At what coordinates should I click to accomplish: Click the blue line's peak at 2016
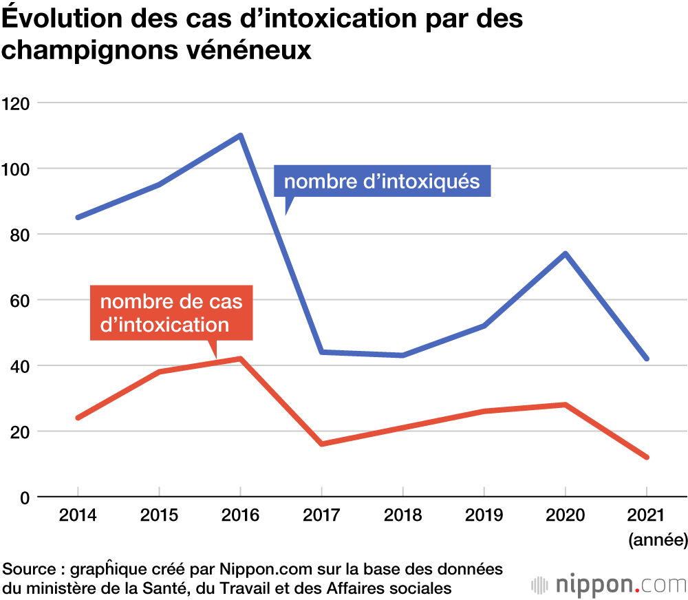(240, 135)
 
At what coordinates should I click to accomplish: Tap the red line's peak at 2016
(240, 358)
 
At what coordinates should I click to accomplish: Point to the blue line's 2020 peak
(565, 254)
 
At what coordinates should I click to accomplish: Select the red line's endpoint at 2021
(646, 458)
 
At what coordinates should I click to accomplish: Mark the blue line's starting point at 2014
(78, 217)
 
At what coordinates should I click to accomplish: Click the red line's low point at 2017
(321, 444)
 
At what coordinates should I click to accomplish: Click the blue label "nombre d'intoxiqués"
(382, 182)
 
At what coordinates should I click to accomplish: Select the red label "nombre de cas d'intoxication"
(171, 313)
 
